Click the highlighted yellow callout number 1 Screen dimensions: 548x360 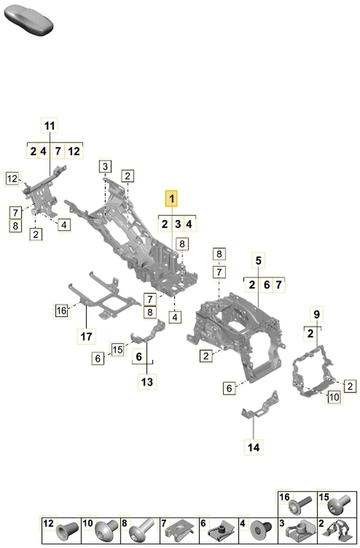click(172, 199)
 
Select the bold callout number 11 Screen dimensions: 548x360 click(50, 125)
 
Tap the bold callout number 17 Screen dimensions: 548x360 click(86, 337)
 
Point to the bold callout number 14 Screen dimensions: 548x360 click(254, 447)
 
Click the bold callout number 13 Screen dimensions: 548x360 click(147, 381)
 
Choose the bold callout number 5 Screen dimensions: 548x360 click(258, 261)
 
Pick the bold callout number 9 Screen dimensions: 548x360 click(317, 314)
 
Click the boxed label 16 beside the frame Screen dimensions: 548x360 click(62, 311)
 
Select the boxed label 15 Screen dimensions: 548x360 click(118, 350)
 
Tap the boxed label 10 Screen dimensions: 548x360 click(334, 397)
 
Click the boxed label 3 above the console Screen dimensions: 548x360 click(105, 166)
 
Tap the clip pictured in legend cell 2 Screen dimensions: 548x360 click(340, 531)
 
